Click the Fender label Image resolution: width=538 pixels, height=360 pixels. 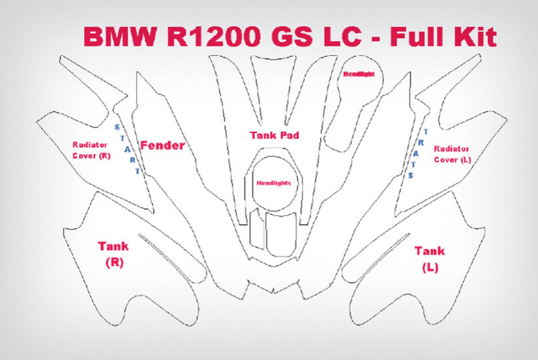[x=162, y=145]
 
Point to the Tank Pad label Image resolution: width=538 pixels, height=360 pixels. [x=274, y=136]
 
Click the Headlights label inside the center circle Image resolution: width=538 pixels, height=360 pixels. [x=274, y=183]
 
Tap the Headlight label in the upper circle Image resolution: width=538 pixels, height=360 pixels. [x=359, y=74]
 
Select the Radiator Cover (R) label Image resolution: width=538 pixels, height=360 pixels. [x=91, y=150]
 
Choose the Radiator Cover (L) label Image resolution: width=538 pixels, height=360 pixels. [x=452, y=154]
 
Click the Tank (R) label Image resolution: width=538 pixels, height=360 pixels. [x=113, y=255]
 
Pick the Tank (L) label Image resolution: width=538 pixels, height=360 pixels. [x=430, y=259]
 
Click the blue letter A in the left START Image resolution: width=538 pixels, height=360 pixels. [x=127, y=150]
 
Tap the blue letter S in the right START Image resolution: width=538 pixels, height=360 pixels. [x=411, y=176]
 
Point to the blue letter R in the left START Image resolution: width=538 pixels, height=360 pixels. [x=133, y=160]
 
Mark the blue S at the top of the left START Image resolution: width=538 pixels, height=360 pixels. [x=117, y=127]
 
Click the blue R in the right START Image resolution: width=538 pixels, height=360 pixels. [x=421, y=143]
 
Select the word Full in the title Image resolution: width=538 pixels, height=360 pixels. [x=419, y=36]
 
